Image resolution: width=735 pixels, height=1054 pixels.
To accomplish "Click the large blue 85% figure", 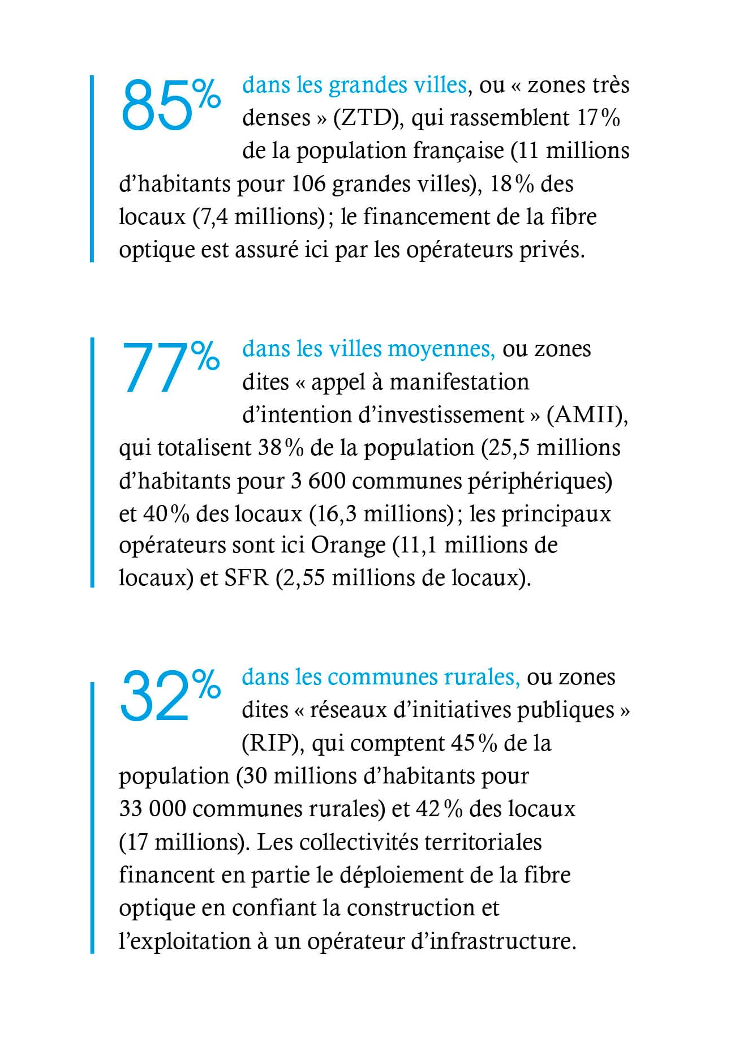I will (170, 105).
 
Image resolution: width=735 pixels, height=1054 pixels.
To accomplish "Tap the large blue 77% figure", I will (170, 367).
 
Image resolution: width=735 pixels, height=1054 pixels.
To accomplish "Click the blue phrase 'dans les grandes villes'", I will (354, 85).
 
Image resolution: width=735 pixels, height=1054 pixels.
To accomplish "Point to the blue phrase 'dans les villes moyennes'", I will (368, 349).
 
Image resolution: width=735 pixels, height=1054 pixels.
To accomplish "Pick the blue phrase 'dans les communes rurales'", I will (380, 677).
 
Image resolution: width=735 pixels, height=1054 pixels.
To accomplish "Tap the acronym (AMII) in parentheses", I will (587, 415).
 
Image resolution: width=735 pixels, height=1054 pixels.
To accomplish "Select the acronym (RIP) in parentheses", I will (270, 743).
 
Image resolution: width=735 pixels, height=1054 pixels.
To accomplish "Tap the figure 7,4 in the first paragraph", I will (213, 217).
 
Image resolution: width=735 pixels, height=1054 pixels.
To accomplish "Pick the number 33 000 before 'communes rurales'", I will (152, 808).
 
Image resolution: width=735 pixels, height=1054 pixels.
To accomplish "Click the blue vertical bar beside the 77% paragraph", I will (92, 462).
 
